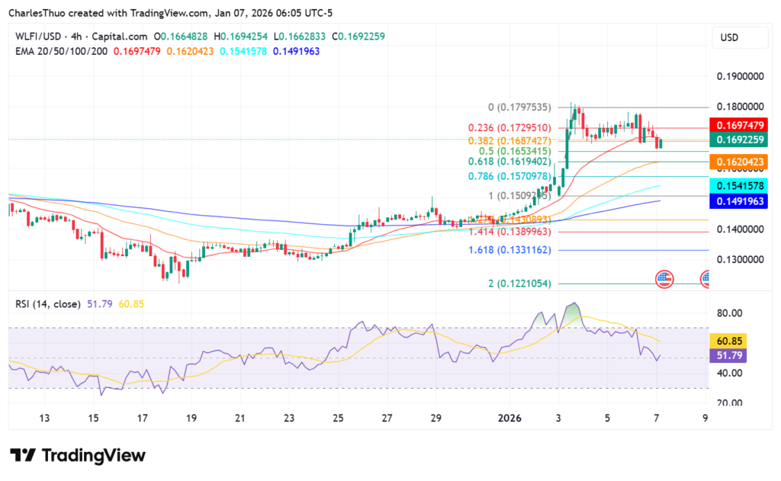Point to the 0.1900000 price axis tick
tap(739, 77)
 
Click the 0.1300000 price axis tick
tap(739, 259)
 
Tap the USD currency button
tap(730, 37)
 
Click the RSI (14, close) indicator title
tap(48, 304)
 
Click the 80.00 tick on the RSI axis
tap(731, 313)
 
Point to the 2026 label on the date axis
tap(509, 418)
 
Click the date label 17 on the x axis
tap(142, 418)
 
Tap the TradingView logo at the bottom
tap(78, 456)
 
